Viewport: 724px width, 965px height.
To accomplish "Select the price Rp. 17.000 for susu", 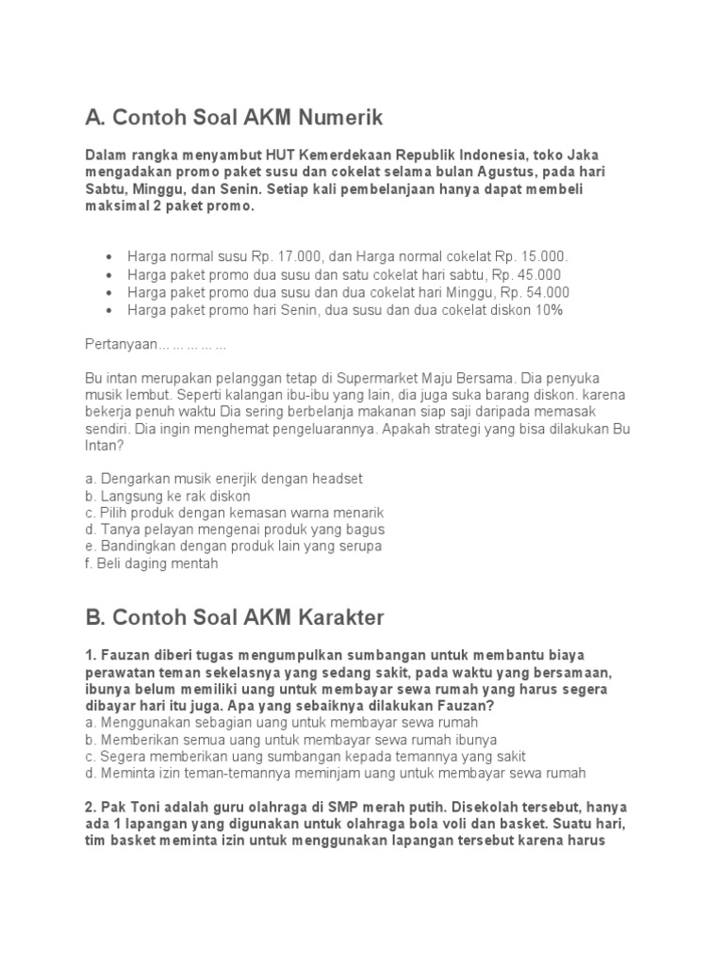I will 288,257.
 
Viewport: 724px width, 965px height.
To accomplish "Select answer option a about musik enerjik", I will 223,478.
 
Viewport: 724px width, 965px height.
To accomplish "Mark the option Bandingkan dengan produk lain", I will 233,547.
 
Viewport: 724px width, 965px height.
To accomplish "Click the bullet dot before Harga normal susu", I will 110,257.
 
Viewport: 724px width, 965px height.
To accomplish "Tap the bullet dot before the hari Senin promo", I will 110,311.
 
